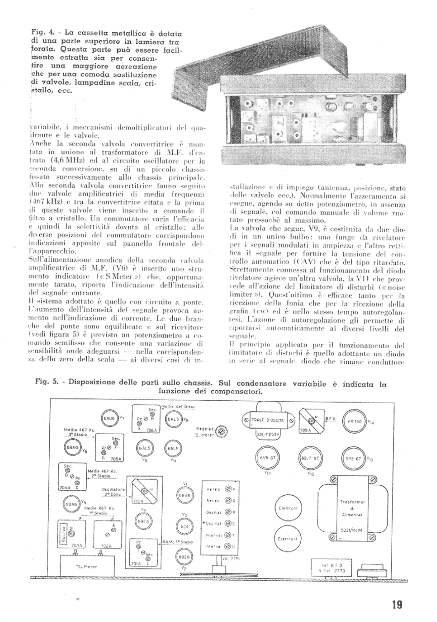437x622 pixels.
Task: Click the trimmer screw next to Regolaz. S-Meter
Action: pos(222,431)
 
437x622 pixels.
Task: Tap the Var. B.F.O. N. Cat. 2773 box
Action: pos(329,567)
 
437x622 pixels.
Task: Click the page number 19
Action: pos(396,605)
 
